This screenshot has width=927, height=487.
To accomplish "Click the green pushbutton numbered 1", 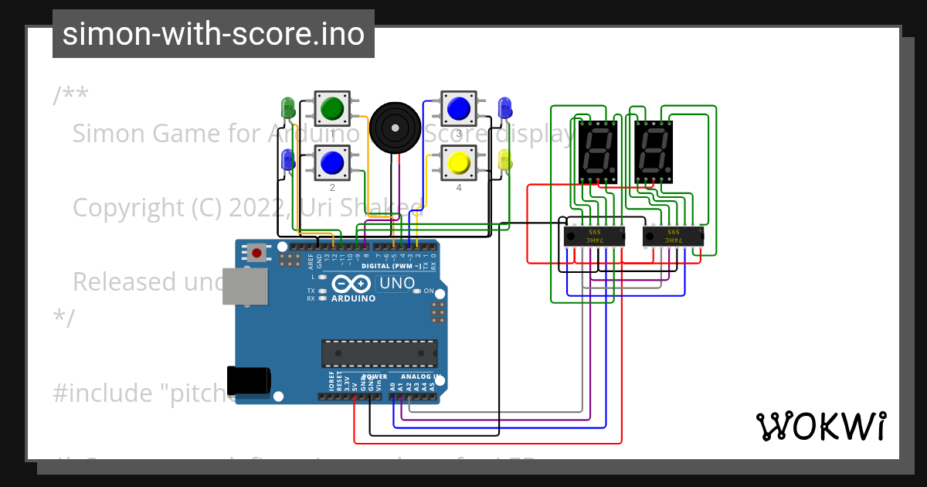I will [x=332, y=108].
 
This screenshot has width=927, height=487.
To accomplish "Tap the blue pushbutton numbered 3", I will [x=458, y=108].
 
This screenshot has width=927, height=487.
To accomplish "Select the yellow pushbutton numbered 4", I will [x=458, y=162].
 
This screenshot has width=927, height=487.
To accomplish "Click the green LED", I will [x=287, y=107].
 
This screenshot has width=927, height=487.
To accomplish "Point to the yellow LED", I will [x=505, y=161].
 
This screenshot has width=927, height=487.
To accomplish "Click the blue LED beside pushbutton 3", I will [x=505, y=107].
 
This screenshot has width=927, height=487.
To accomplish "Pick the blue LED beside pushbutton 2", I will [x=287, y=160].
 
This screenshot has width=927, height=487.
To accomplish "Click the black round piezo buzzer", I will [x=394, y=127].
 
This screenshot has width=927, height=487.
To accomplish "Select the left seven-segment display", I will [x=597, y=151].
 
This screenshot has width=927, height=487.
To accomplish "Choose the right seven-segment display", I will [x=654, y=151].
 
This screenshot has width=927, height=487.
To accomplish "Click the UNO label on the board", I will [x=398, y=284].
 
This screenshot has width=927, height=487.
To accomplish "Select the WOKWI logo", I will [x=820, y=426].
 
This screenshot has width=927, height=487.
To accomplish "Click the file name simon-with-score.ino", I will [x=213, y=34].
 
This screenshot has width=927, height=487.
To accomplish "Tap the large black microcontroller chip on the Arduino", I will [x=379, y=353].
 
